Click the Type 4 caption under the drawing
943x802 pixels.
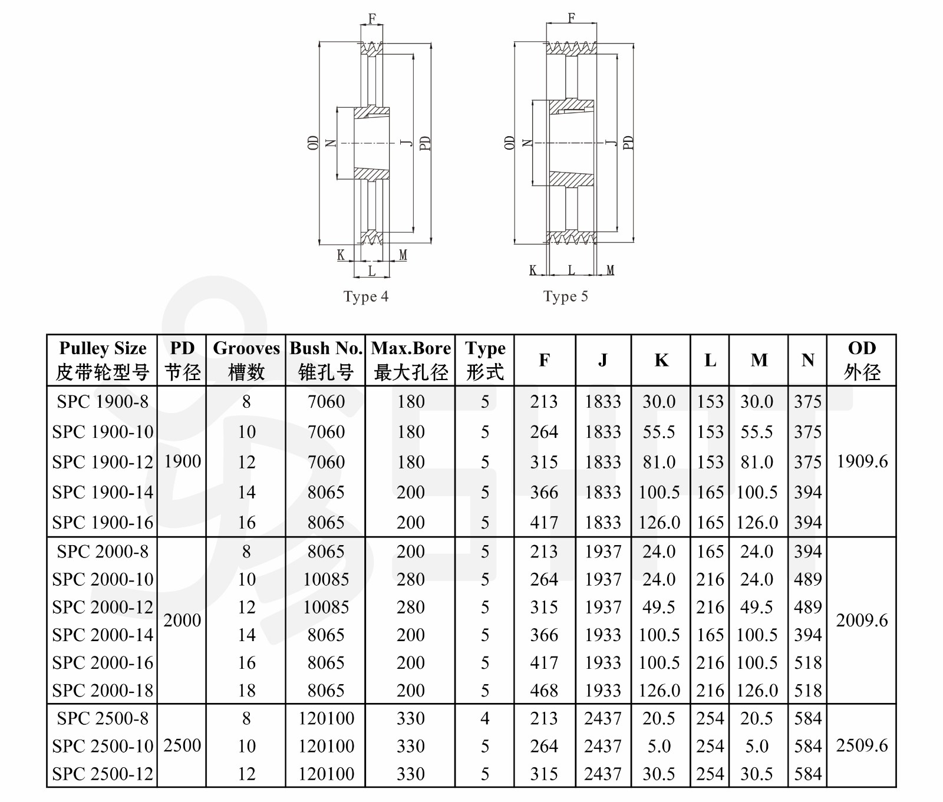click(366, 296)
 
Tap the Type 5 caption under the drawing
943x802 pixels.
click(566, 296)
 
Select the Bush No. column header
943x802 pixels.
click(326, 360)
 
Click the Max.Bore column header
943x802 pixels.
click(411, 360)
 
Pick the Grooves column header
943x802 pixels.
click(246, 360)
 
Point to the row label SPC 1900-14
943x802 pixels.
click(103, 492)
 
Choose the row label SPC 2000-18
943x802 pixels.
click(103, 690)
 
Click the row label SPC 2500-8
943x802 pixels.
click(103, 718)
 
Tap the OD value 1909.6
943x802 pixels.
click(862, 461)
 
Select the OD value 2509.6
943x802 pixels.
click(862, 745)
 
